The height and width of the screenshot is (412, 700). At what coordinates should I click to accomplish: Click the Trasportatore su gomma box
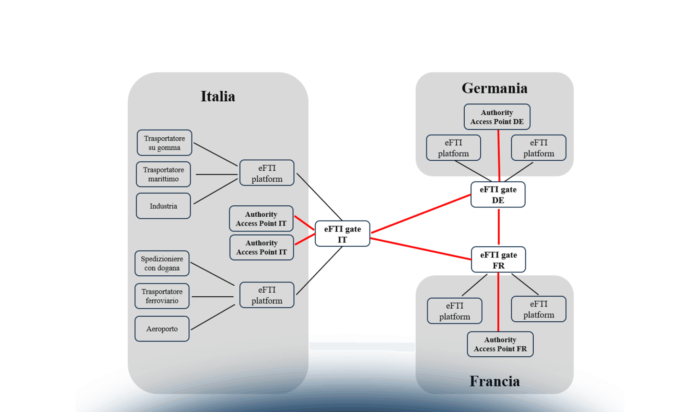pyautogui.click(x=164, y=143)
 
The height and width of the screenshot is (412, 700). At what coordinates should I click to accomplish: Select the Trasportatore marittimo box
pyautogui.click(x=163, y=174)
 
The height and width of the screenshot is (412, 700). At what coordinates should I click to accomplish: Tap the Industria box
pyautogui.click(x=163, y=206)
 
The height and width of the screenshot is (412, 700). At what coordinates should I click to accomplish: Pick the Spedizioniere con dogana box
pyautogui.click(x=162, y=263)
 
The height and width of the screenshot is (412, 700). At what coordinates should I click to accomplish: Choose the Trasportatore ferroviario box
pyautogui.click(x=162, y=296)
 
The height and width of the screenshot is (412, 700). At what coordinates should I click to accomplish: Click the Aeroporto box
pyautogui.click(x=162, y=329)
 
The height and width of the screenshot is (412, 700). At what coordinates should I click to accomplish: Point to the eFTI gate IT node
pyautogui.click(x=342, y=234)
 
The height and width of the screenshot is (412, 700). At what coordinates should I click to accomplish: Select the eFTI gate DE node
pyautogui.click(x=498, y=195)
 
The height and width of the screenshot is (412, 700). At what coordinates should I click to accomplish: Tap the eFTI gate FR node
pyautogui.click(x=499, y=260)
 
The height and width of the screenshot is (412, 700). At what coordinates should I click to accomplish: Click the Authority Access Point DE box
pyautogui.click(x=497, y=117)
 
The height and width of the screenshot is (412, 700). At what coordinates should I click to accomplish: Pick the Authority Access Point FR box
pyautogui.click(x=500, y=344)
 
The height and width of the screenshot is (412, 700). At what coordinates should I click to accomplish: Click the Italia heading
pyautogui.click(x=218, y=96)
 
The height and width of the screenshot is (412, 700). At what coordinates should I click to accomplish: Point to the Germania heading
pyautogui.click(x=494, y=88)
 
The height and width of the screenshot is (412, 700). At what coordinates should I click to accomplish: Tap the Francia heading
pyautogui.click(x=494, y=381)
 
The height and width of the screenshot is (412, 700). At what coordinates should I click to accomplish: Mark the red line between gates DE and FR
pyautogui.click(x=499, y=227)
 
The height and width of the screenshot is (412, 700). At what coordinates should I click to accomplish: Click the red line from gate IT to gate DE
pyautogui.click(x=421, y=214)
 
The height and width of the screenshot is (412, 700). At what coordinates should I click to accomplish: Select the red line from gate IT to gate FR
pyautogui.click(x=421, y=249)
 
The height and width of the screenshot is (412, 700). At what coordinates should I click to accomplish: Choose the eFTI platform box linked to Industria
pyautogui.click(x=267, y=173)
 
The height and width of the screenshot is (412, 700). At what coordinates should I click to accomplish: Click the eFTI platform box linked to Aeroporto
pyautogui.click(x=267, y=295)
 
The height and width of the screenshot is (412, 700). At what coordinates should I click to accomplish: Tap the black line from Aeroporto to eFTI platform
pyautogui.click(x=213, y=317)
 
